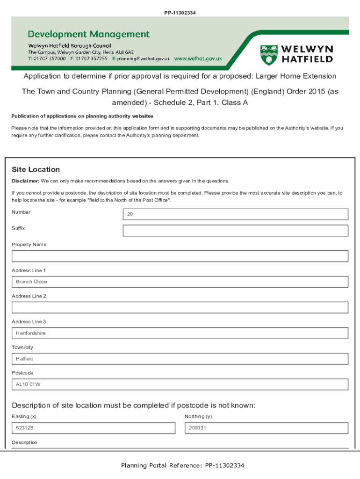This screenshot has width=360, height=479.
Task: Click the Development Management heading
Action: [x=89, y=34]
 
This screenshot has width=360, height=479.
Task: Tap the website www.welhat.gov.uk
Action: [x=198, y=59]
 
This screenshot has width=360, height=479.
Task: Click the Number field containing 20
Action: [x=235, y=214]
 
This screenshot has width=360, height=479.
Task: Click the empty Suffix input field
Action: [x=235, y=231]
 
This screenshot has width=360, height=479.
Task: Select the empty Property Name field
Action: [x=180, y=256]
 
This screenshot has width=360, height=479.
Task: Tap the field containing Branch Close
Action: [x=180, y=282]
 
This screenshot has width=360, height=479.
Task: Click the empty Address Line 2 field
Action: [x=180, y=307]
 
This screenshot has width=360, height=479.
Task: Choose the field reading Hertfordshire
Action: [x=180, y=333]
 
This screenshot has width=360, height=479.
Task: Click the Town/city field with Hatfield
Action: [x=180, y=359]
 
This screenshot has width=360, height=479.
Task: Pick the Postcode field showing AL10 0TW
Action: [x=180, y=385]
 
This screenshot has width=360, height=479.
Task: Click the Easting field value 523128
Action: [x=94, y=428]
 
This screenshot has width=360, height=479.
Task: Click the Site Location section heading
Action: [x=36, y=169]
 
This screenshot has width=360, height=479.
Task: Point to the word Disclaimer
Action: [x=25, y=181]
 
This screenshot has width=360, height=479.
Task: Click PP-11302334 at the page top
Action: [x=180, y=12]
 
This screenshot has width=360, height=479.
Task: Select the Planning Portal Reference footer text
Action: [x=182, y=465]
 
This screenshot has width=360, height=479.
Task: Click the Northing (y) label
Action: [x=198, y=416]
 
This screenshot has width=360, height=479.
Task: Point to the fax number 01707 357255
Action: [x=92, y=59]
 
